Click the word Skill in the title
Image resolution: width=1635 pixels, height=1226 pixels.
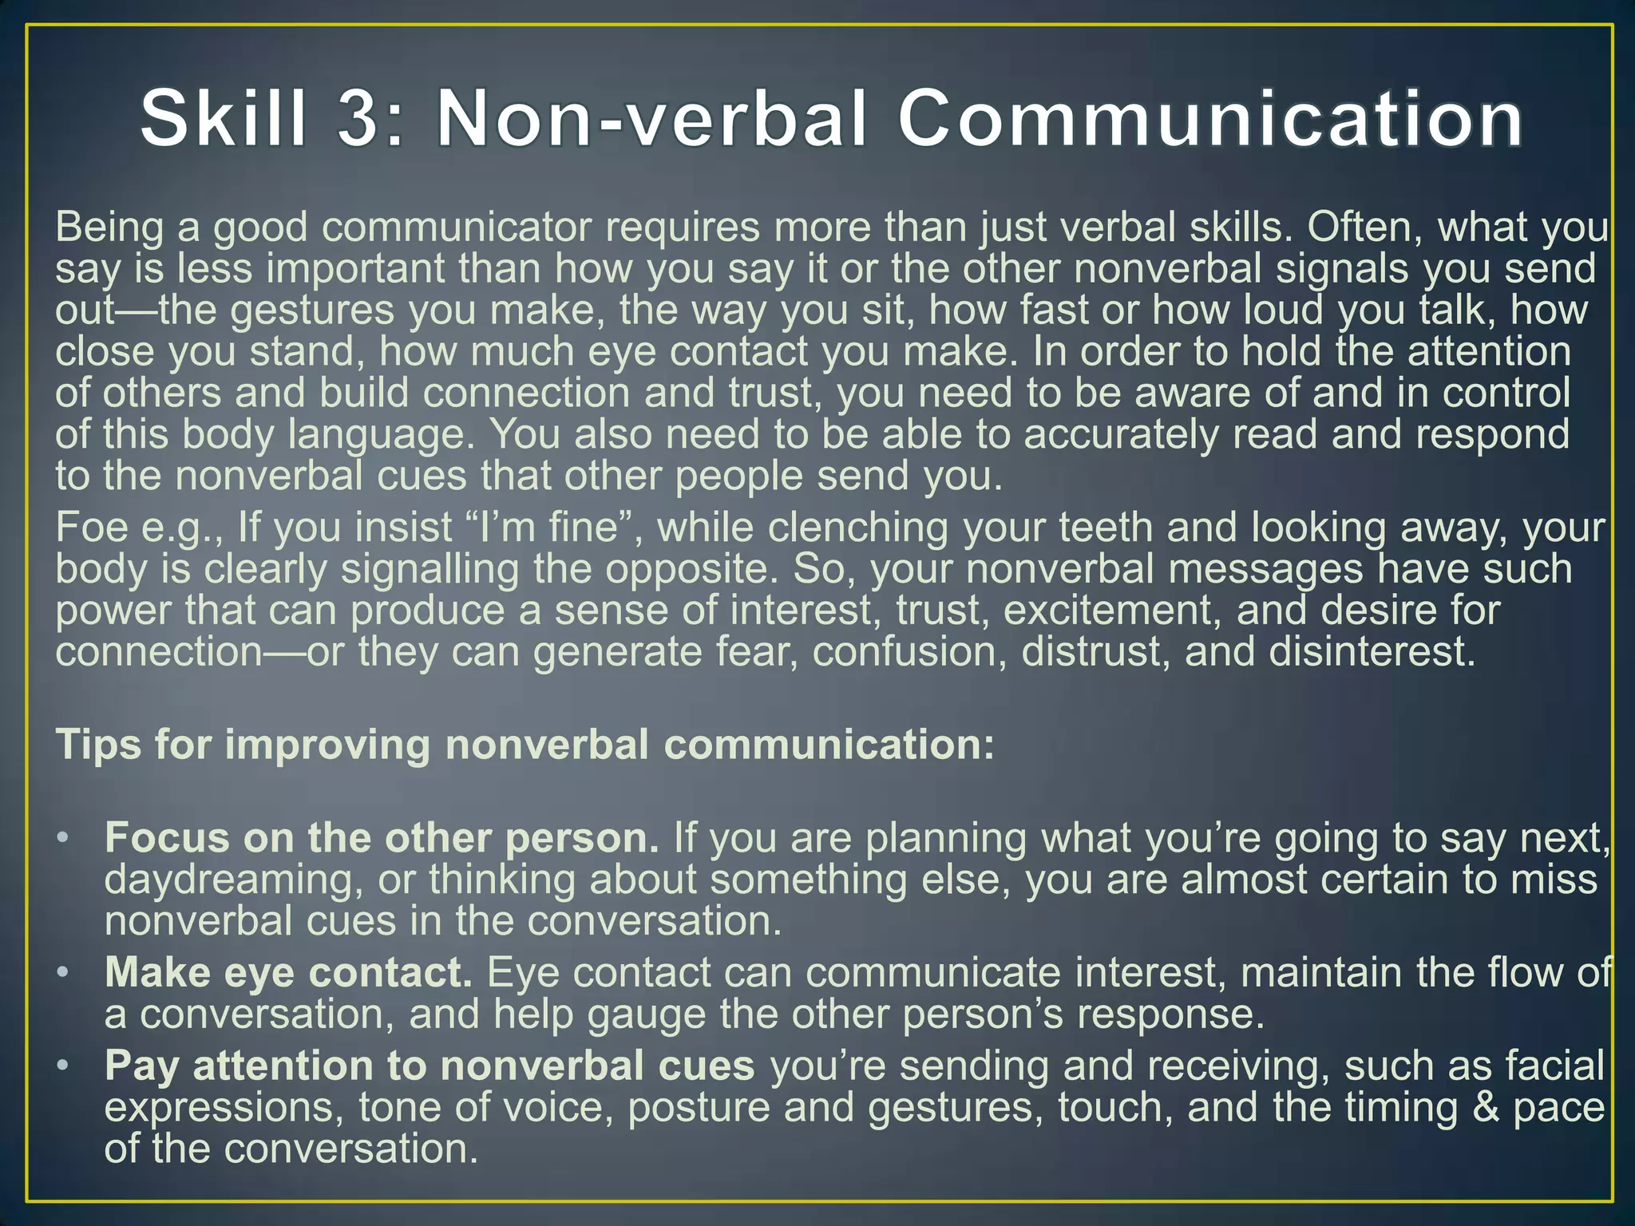224,119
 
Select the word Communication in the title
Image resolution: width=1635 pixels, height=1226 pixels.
1209,119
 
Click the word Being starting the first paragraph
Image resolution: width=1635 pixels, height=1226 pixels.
109,228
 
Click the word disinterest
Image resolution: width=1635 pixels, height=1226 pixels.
1371,653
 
